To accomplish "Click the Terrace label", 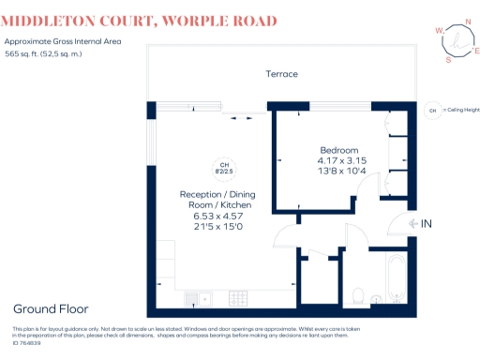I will (281, 74).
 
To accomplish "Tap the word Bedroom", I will (339, 151).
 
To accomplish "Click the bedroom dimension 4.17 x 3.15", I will (341, 161).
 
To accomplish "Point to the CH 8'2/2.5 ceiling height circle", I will (223, 167).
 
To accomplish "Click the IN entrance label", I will (426, 223).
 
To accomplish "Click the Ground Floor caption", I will (51, 308).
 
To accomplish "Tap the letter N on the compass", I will (469, 25).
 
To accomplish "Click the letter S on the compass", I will (448, 59).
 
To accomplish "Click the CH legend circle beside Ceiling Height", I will (432, 110).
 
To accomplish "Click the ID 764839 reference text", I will (26, 344).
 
